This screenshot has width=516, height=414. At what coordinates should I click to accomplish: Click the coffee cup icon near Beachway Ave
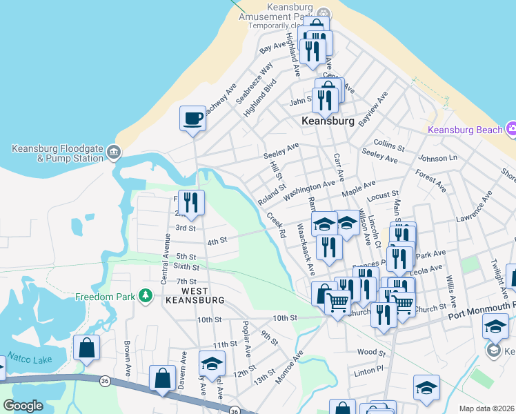point(192,117)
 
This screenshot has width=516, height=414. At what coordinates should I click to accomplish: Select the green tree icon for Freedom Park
point(145,296)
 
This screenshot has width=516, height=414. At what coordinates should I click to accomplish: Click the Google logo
point(23,406)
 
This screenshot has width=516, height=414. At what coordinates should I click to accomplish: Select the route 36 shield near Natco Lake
point(104,379)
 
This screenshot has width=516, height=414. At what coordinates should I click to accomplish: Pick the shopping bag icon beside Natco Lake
point(87,348)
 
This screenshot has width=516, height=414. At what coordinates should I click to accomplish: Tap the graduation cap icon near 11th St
point(212,363)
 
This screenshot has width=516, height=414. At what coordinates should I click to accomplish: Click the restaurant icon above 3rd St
point(192,202)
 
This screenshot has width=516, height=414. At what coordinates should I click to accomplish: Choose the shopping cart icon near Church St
point(337,302)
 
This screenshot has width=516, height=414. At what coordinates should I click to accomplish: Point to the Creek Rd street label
point(277,225)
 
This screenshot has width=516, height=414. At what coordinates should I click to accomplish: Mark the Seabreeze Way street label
point(250,85)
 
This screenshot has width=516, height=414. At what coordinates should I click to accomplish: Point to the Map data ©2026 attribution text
point(486,408)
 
